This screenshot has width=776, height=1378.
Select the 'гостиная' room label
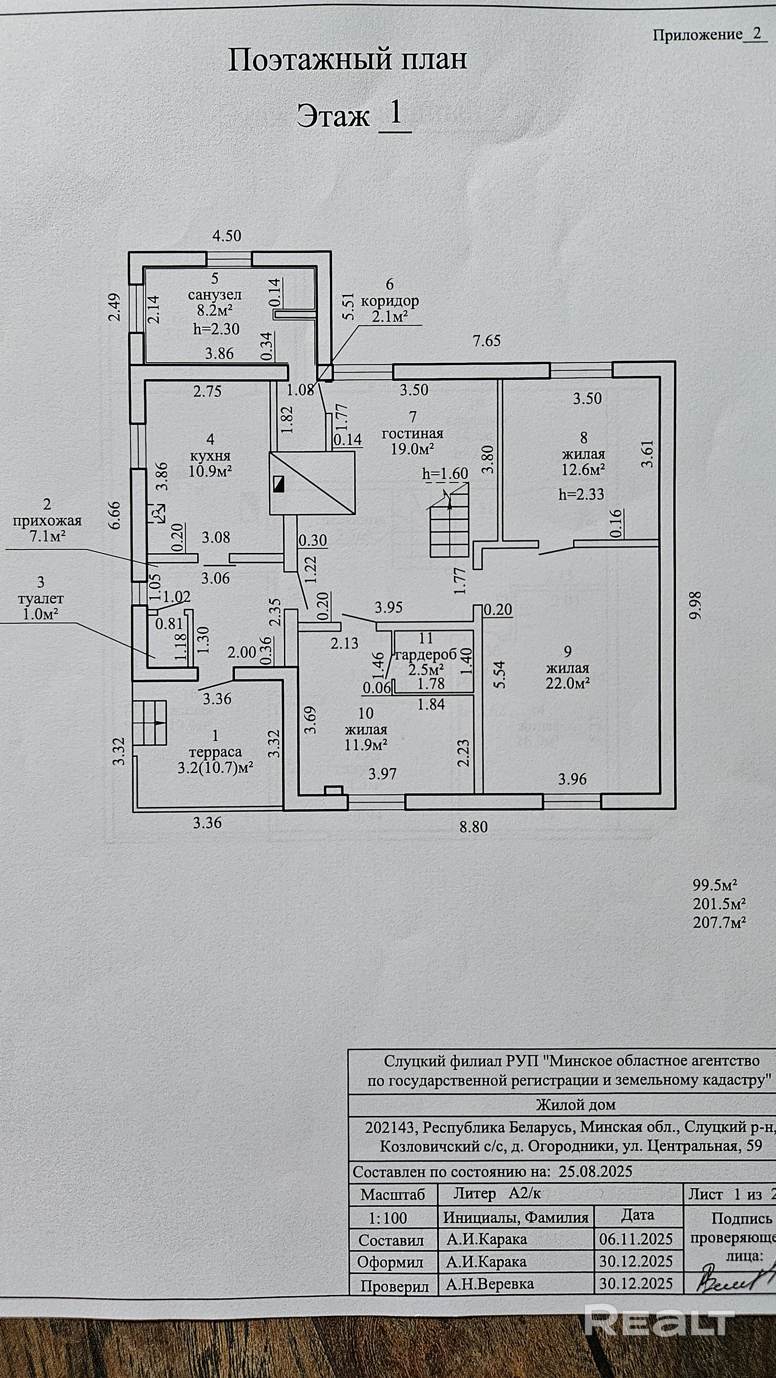click(412, 433)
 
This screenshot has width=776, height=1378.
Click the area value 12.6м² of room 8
click(583, 470)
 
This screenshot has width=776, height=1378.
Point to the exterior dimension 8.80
click(473, 827)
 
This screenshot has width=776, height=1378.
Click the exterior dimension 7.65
click(487, 340)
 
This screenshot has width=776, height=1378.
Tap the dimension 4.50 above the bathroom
click(227, 235)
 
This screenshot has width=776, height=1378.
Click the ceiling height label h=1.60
click(445, 473)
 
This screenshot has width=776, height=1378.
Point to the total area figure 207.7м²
click(719, 922)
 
